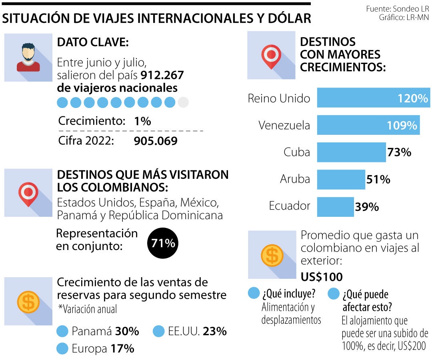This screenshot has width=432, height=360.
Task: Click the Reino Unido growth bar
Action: coord(373,98)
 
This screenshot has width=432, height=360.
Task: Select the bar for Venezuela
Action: coord(368,125)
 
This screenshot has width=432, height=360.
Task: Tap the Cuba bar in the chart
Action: coord(351,152)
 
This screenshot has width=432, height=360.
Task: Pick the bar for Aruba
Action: coord(341,179)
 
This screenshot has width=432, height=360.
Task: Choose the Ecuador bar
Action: coord(335,206)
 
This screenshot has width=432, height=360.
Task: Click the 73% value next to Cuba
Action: coord(399,152)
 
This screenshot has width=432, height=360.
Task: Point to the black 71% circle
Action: coord(163,243)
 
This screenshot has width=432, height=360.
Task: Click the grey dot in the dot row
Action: coord(183,102)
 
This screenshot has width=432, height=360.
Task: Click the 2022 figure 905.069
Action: coord(156,141)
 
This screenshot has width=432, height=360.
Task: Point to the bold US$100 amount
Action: coord(322,276)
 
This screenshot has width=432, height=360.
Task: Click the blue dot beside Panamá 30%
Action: coord(63,332)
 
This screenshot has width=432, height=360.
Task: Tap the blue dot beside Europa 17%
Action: coord(63,349)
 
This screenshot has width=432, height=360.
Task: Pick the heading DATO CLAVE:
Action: coord(92,42)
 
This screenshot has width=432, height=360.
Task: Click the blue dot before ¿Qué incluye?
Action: coord(254,294)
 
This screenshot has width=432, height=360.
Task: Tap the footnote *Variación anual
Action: coord(88,309)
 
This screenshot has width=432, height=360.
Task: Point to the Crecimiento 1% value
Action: coord(143,121)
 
